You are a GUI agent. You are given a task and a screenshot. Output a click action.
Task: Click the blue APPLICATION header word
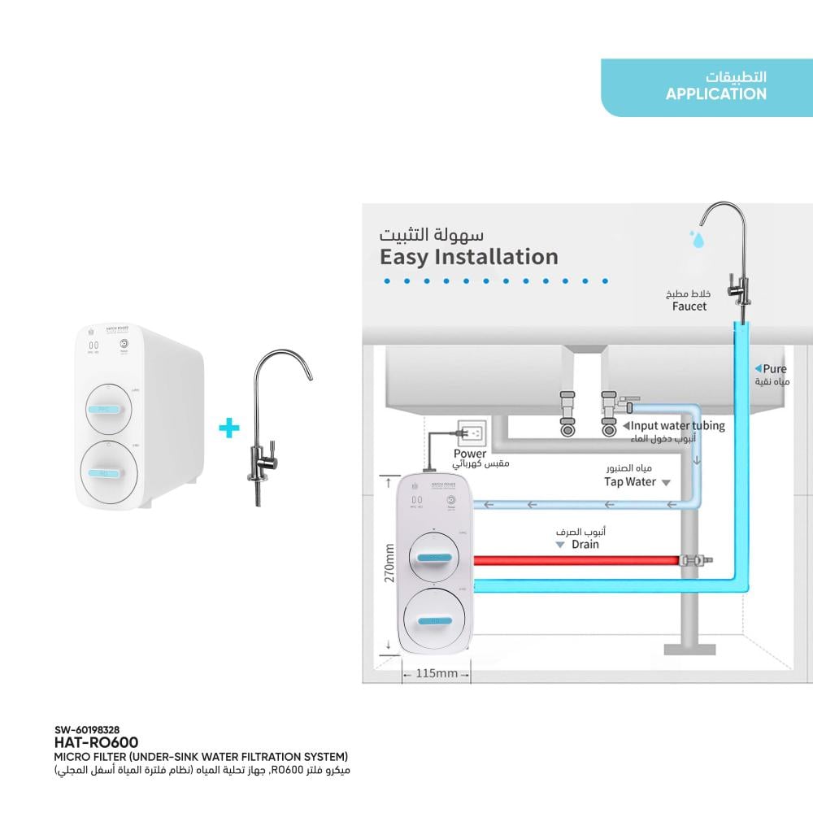[x=715, y=94]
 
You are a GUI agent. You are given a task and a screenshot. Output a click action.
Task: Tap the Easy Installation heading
[x=469, y=257]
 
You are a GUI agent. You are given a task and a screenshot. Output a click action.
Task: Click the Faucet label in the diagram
[x=689, y=307]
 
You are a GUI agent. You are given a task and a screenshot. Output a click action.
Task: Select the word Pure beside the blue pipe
[x=775, y=368]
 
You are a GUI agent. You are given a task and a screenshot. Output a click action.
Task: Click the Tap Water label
[x=630, y=481]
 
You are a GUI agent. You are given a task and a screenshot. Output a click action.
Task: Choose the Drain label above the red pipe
[x=584, y=544]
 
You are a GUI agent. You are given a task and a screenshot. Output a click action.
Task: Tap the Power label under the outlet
[x=470, y=454]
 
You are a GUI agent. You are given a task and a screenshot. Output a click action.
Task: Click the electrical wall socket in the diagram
[x=472, y=432]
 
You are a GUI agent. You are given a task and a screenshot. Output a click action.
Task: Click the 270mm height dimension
[x=389, y=563]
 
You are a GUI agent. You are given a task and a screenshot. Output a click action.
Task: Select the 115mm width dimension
[x=437, y=673]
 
